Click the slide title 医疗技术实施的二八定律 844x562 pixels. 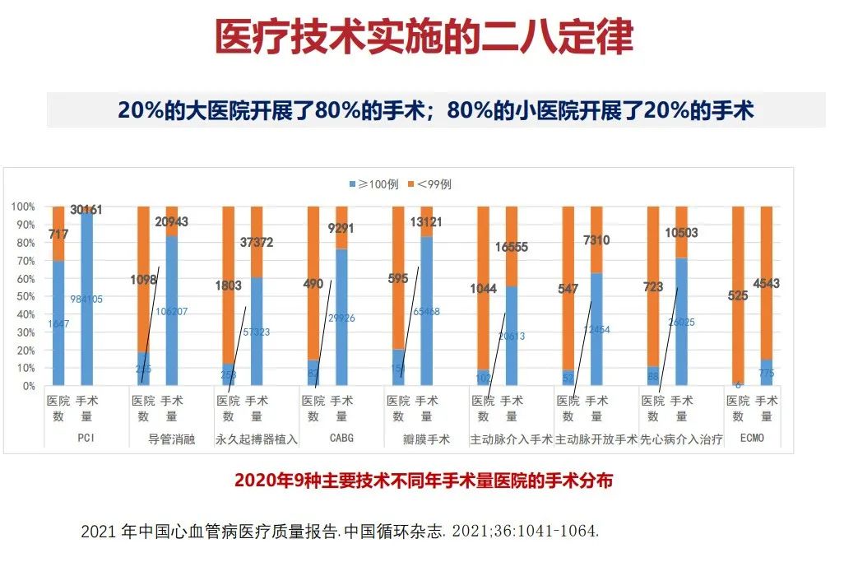coord(424,36)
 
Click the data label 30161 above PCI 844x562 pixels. coord(86,210)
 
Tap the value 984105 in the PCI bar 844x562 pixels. coord(86,299)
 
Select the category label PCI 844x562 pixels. coord(86,439)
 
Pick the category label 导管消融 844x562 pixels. coord(172,439)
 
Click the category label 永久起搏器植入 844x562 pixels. coord(257,439)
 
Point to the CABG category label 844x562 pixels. coord(341,439)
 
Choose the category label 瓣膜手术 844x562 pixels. coord(427,439)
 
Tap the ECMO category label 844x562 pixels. coord(752,439)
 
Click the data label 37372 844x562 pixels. coord(256,243)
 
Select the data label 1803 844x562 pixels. coord(228,286)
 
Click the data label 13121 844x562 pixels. coord(426,222)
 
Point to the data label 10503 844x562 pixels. coord(680,233)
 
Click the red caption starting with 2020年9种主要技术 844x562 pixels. coord(424,481)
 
